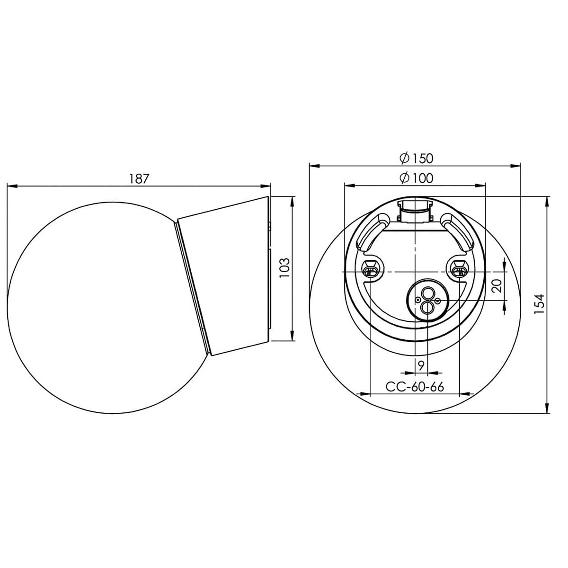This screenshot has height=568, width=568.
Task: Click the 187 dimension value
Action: point(139,178)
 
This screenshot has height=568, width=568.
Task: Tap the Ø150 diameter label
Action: point(415,158)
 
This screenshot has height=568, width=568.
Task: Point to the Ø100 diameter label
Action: point(415,178)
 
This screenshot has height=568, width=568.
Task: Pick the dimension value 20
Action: point(496,286)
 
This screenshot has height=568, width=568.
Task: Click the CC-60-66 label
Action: point(415,387)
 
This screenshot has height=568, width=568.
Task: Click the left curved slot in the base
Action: point(369,233)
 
